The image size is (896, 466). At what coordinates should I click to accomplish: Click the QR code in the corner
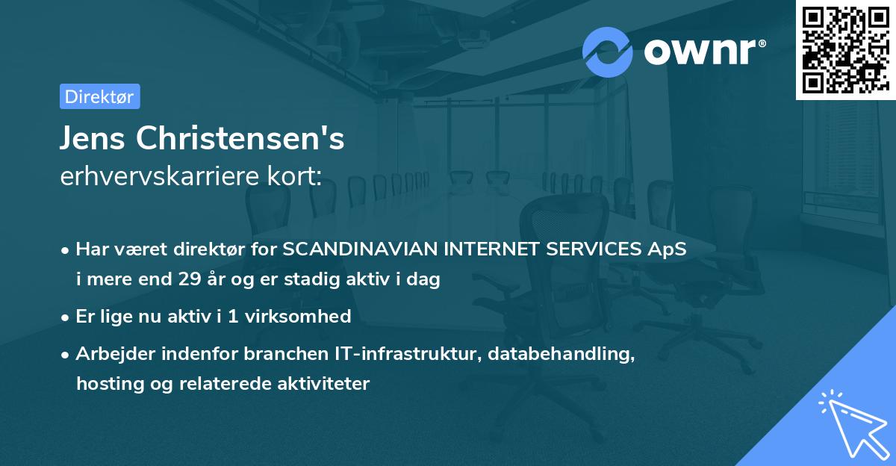point(845,50)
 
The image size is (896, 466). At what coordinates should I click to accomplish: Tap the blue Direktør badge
point(99,97)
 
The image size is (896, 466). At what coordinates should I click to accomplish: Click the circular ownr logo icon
point(608,52)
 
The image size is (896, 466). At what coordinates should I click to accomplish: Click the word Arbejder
point(111,354)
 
